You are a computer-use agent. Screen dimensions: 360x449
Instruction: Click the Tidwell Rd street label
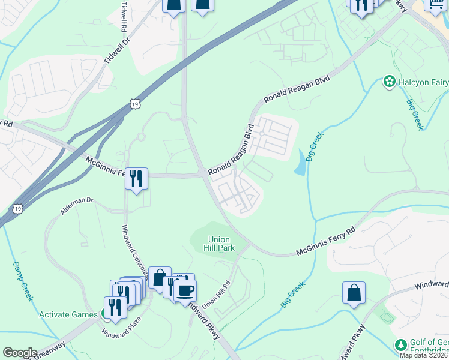pos(124,17)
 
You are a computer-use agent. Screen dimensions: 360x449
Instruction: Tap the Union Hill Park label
pos(218,242)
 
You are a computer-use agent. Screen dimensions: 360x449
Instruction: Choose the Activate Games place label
pos(68,314)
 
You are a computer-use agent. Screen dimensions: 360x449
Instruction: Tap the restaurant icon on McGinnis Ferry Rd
pos(136,178)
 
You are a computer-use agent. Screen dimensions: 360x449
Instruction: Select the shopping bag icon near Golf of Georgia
pos(354,293)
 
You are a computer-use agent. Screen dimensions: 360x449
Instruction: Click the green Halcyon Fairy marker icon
pos(389,81)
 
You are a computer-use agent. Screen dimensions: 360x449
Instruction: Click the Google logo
pos(20,353)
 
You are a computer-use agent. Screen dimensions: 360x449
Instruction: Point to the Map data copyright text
pos(424,355)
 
